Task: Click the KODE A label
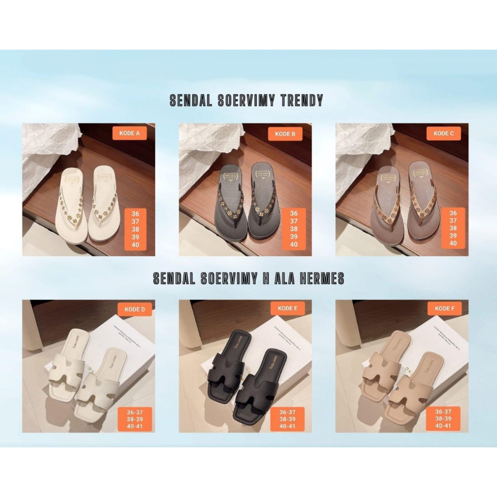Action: [x=130, y=133]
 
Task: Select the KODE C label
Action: [x=444, y=133]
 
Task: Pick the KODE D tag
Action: [x=134, y=309]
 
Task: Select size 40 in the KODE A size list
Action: [x=135, y=245]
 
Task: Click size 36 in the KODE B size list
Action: [x=294, y=214]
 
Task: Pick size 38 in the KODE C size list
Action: [x=453, y=228]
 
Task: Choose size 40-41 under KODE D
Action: [x=135, y=426]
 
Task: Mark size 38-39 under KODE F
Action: [x=443, y=418]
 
